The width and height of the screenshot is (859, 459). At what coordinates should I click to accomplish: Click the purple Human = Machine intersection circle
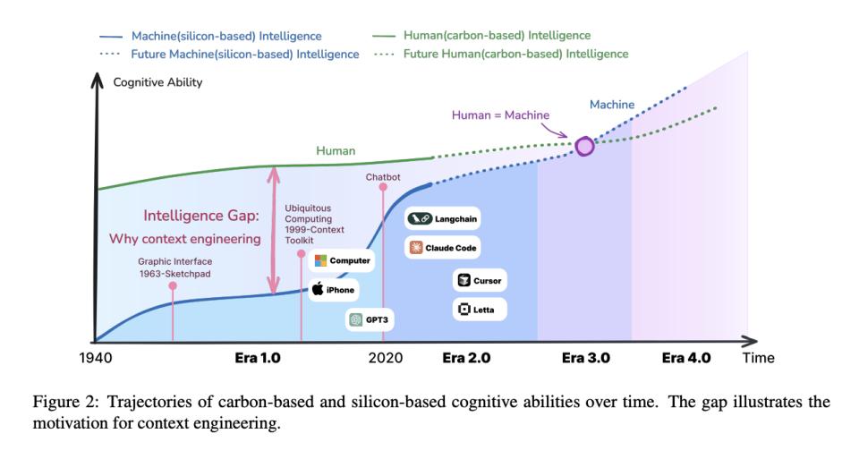tap(584, 146)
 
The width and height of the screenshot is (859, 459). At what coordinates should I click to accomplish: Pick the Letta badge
tap(479, 310)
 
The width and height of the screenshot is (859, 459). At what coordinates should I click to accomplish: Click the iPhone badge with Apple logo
tap(334, 289)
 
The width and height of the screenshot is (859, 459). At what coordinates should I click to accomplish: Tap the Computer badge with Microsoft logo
tap(342, 260)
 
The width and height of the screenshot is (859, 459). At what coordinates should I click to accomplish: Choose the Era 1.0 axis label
tap(258, 358)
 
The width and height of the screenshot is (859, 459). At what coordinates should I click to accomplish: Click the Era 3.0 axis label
tap(585, 358)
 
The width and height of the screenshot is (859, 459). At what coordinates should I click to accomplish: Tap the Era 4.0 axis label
tap(685, 358)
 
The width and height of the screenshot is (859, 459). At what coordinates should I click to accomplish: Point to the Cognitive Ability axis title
tap(157, 82)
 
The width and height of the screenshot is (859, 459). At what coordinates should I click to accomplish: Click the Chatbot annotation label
tap(383, 177)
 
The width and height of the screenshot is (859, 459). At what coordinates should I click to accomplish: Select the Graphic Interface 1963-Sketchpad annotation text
tap(174, 268)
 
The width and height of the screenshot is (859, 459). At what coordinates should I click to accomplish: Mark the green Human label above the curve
tap(336, 151)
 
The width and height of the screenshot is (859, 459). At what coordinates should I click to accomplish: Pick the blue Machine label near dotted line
tap(612, 105)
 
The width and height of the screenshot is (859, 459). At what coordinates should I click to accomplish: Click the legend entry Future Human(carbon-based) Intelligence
tap(515, 54)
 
